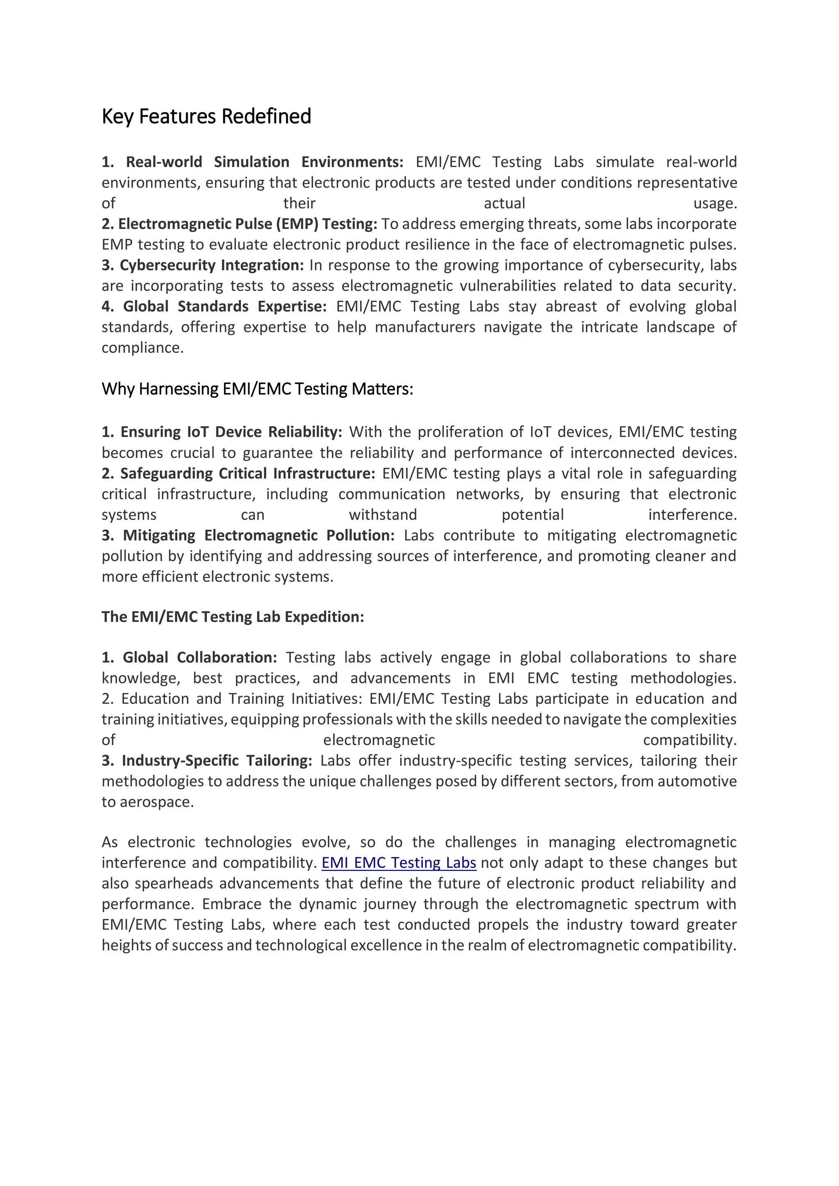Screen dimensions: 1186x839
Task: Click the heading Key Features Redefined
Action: click(206, 116)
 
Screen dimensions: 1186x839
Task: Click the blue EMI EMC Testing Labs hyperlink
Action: click(399, 863)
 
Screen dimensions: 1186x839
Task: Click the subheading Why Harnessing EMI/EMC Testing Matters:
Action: click(257, 389)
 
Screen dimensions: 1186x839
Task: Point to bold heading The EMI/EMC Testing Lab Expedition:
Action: click(233, 617)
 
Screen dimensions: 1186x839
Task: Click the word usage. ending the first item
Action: click(715, 203)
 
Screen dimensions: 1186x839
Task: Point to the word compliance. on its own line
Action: click(143, 348)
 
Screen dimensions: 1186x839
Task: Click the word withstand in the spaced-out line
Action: click(383, 515)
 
